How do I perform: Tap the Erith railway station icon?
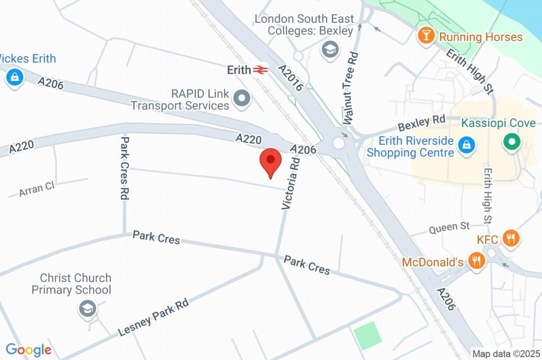[x=259, y=69]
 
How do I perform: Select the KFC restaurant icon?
[x=510, y=238]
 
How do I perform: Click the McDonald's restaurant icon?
[x=477, y=261]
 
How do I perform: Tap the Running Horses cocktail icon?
[x=424, y=36]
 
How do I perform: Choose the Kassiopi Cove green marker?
[x=512, y=142]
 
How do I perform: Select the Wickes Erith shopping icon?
[x=15, y=78]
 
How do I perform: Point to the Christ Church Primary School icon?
[x=87, y=309]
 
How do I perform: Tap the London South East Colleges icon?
[x=330, y=50]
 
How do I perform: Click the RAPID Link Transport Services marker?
[x=242, y=98]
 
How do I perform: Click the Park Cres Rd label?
[x=125, y=167]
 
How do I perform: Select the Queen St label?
[x=449, y=227]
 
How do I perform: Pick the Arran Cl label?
[x=37, y=189]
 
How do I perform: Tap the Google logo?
[x=28, y=349]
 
